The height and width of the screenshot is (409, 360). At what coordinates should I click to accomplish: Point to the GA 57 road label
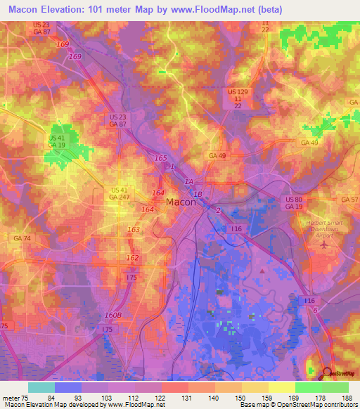point(349,200)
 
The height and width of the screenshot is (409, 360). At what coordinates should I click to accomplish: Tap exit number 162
point(132,258)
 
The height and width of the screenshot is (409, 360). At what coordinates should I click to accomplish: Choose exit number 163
point(133,230)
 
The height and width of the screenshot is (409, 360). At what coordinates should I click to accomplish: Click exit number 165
point(160,159)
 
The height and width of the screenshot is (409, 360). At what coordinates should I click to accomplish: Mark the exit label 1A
point(188,182)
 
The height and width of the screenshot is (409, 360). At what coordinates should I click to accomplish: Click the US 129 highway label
point(238,92)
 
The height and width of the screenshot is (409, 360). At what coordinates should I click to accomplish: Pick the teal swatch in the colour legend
point(41,387)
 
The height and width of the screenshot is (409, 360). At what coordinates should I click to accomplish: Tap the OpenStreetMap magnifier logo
point(328,372)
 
